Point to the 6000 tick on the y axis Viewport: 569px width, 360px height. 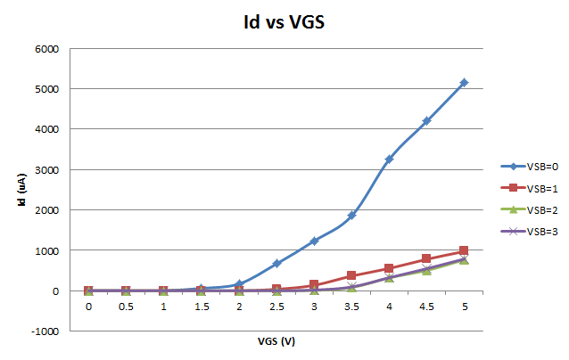(47, 48)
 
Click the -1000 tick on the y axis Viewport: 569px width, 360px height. (45, 331)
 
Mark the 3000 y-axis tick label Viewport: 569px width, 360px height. (47, 169)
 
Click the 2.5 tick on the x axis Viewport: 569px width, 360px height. (276, 307)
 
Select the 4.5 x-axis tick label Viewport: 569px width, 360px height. (426, 307)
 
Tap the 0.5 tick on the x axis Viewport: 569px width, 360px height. (126, 307)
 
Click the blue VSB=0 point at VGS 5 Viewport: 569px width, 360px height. (464, 83)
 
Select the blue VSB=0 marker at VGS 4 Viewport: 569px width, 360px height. (389, 160)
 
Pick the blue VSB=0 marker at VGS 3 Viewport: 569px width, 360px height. (314, 241)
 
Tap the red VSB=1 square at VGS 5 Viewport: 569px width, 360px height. (464, 251)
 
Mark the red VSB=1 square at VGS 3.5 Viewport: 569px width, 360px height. (351, 275)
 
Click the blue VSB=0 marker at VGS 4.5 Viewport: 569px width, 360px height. (426, 121)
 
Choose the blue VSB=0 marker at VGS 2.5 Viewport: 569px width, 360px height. (276, 264)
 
